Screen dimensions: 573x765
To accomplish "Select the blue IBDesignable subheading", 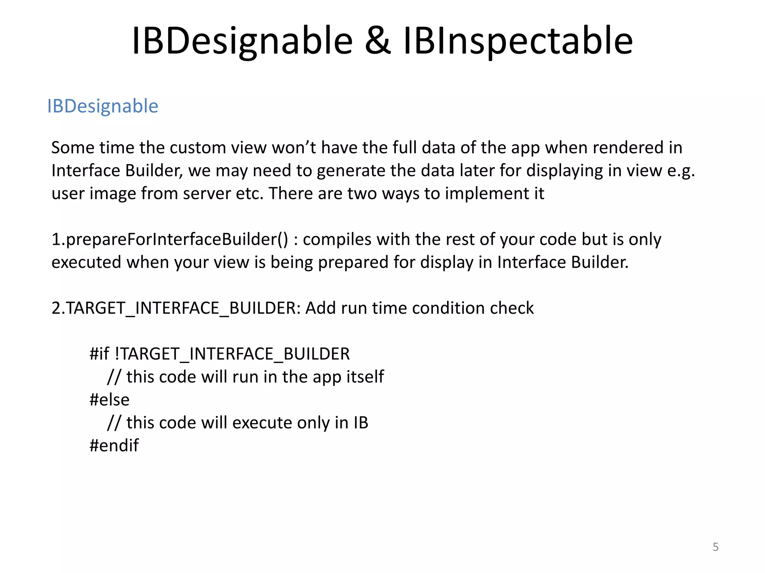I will (103, 107).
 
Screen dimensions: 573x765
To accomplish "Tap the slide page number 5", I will (715, 547).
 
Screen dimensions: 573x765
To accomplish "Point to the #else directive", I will (109, 400).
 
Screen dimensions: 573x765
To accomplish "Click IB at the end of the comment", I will (361, 423).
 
